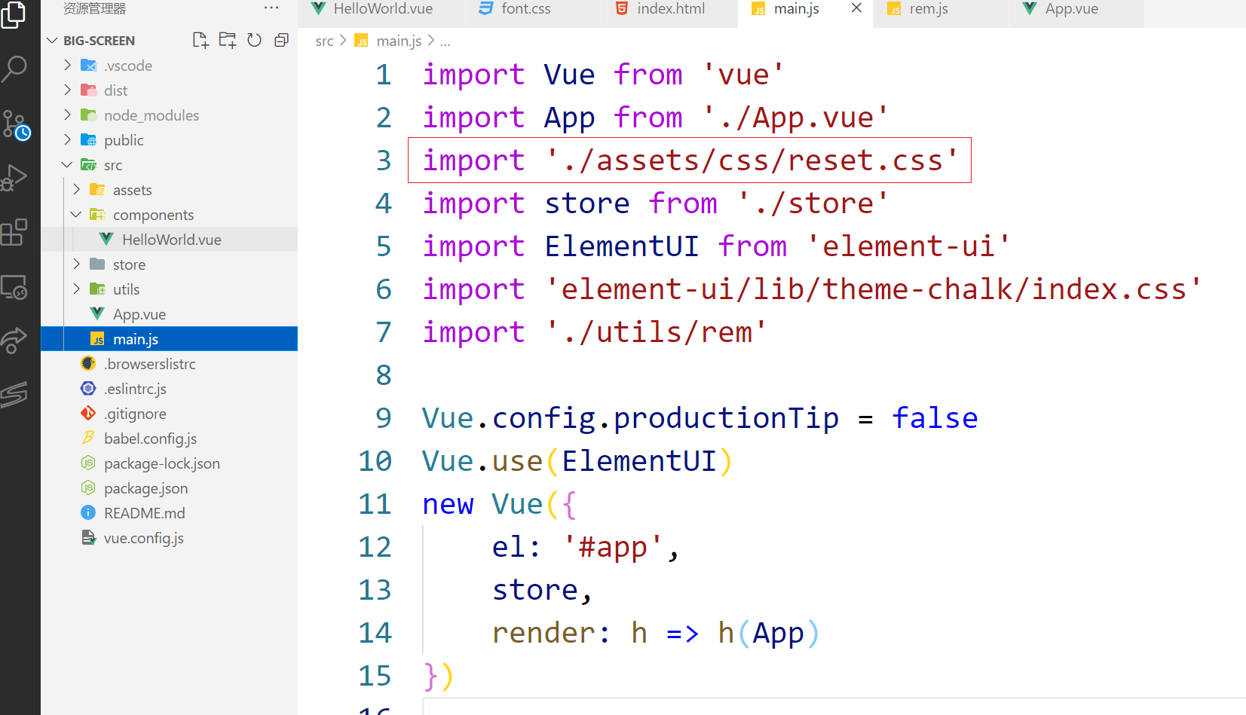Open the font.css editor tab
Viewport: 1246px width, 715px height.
[525, 9]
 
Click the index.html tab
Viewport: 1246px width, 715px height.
[670, 9]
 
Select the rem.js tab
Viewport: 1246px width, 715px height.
[929, 9]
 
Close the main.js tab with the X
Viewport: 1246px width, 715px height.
[856, 8]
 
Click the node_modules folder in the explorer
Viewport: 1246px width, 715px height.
[152, 115]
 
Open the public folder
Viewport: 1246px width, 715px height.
[124, 140]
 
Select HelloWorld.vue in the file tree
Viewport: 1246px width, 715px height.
[171, 240]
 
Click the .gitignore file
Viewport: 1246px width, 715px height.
[135, 414]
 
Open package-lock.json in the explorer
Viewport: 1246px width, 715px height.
[162, 463]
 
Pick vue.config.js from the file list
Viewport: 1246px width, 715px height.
[143, 538]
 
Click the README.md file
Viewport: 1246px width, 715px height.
[145, 513]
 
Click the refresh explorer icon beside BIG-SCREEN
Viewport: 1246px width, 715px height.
[254, 40]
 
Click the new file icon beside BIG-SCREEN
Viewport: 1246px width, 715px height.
[201, 40]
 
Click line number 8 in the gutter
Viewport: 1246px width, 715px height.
[383, 374]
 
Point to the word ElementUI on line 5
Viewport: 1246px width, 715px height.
[621, 246]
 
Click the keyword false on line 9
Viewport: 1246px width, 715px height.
[935, 417]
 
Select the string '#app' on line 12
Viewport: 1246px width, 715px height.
[612, 546]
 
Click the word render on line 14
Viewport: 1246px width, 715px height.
[543, 633]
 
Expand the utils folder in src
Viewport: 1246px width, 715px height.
[77, 289]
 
